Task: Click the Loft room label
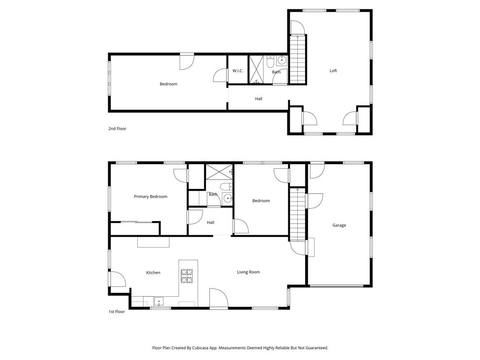pyautogui.click(x=333, y=71)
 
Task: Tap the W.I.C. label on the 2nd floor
pyautogui.click(x=238, y=71)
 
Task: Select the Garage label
pyautogui.click(x=339, y=225)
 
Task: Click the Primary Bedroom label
pyautogui.click(x=150, y=197)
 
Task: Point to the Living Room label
pyautogui.click(x=248, y=272)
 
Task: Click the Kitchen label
pyautogui.click(x=153, y=273)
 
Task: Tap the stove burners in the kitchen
pyautogui.click(x=187, y=276)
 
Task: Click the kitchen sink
pyautogui.click(x=159, y=301)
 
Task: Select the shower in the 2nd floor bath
pyautogui.click(x=256, y=70)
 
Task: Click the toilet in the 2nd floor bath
pyautogui.click(x=270, y=62)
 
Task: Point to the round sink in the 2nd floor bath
pyautogui.click(x=281, y=60)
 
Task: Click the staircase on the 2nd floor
pyautogui.click(x=297, y=60)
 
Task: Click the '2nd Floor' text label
pyautogui.click(x=117, y=128)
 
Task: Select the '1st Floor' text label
pyautogui.click(x=116, y=311)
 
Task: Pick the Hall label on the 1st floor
pyautogui.click(x=210, y=223)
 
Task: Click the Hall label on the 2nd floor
pyautogui.click(x=259, y=99)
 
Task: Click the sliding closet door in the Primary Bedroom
pyautogui.click(x=135, y=222)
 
